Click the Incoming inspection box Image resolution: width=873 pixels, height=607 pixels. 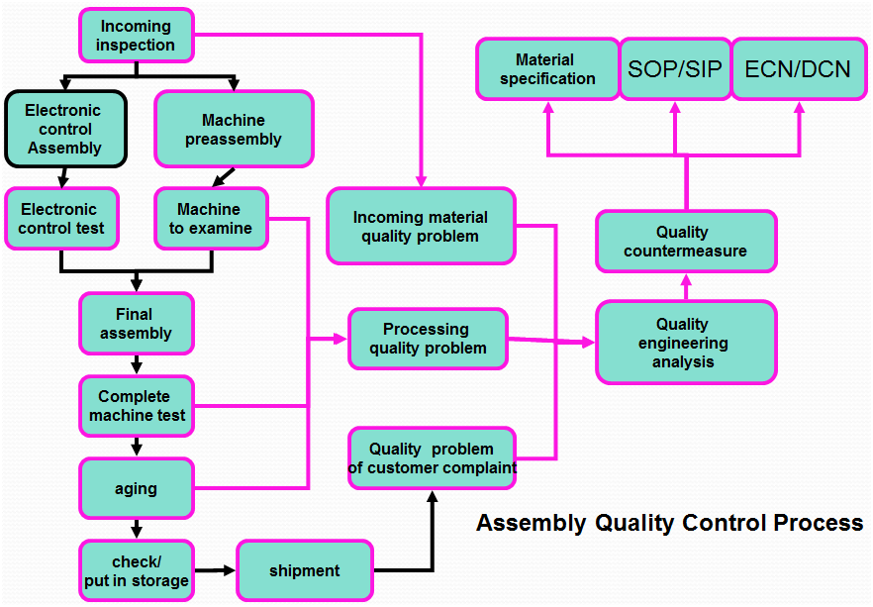click(x=136, y=35)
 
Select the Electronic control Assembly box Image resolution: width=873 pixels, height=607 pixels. click(x=65, y=129)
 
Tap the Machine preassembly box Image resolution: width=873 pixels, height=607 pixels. click(x=234, y=130)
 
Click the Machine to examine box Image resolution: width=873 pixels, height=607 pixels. click(x=211, y=219)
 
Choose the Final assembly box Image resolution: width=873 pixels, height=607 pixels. click(x=136, y=324)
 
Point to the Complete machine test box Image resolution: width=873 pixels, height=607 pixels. click(x=136, y=406)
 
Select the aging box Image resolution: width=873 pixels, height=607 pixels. click(x=136, y=488)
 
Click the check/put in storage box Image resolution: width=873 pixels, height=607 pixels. click(x=136, y=570)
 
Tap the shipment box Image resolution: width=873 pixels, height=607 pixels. click(x=304, y=570)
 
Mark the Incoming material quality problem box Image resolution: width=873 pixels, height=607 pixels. click(x=421, y=227)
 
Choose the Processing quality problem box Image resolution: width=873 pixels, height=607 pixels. click(x=428, y=339)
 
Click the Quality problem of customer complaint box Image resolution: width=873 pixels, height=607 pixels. click(x=432, y=458)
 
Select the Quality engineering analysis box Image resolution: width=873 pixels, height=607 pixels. click(x=684, y=343)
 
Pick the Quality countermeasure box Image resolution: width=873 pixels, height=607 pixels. click(x=685, y=242)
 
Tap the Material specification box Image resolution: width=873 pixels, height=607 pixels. click(x=546, y=69)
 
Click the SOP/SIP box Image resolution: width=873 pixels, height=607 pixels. click(x=675, y=69)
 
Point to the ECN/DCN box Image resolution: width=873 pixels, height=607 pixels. click(x=798, y=69)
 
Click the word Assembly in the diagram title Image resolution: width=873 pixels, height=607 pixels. click(x=531, y=523)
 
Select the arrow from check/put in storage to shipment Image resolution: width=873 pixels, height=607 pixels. click(x=214, y=570)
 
